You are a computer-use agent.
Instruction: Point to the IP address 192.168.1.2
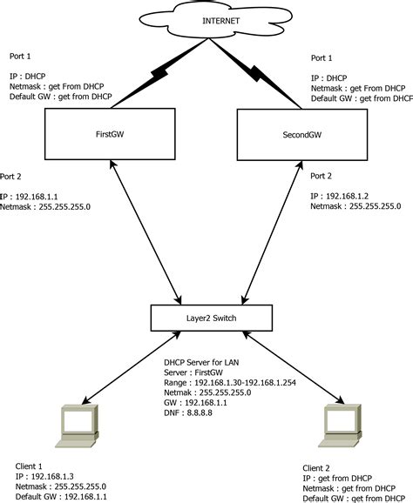pos(340,197)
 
